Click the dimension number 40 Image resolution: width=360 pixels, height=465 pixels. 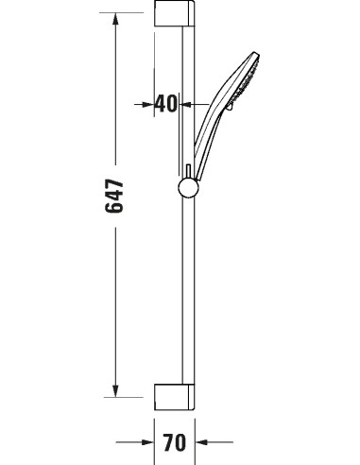coord(166,103)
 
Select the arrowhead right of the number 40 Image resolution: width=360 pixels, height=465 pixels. coord(188,103)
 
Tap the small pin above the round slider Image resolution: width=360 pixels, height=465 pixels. coord(189,167)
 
